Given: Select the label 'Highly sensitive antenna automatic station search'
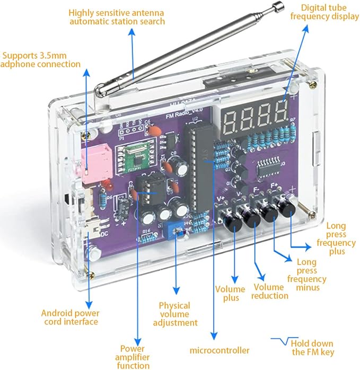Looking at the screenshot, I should coord(117,17).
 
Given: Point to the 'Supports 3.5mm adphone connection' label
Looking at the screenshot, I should coord(41,59).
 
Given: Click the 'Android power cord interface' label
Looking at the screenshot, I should coord(69,317).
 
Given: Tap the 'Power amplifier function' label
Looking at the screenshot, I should coord(132,357).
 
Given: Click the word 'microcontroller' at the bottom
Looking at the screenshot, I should coord(219,350).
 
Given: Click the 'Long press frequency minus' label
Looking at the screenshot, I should coord(306,275).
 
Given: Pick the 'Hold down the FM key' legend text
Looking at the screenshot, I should coord(313,347).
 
